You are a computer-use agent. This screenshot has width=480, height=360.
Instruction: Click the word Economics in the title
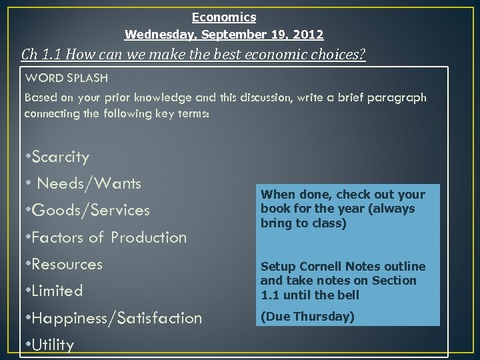224,17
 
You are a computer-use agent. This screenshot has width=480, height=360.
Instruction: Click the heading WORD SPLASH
66,78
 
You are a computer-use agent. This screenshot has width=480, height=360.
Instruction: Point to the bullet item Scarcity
59,157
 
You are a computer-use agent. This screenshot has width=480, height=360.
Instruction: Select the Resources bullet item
66,264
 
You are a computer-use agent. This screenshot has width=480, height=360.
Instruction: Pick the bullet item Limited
56,291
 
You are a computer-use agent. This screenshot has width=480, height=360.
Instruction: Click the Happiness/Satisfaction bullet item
115,319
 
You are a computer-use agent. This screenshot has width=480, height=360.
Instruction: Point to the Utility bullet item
51,345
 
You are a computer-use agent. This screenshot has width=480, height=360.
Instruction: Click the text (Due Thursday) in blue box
307,317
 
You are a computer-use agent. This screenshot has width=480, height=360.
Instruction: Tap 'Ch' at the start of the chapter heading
29,55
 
